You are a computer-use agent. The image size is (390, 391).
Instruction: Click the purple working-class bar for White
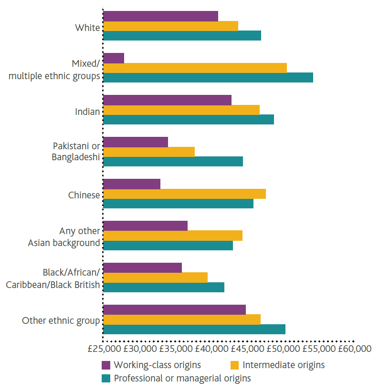(160, 16)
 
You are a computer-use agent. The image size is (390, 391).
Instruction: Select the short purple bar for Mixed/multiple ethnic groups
(114, 58)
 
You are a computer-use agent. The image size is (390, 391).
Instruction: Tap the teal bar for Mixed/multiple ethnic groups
(208, 77)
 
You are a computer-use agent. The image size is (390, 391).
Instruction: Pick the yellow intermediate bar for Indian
(181, 110)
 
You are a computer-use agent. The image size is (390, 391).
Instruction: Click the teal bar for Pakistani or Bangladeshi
(173, 161)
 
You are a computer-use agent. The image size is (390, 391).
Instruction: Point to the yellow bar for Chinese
(184, 194)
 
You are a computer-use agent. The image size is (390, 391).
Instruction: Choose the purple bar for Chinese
(132, 184)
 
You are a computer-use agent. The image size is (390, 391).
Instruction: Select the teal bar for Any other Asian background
(168, 245)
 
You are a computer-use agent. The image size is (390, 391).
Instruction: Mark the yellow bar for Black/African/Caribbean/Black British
(155, 277)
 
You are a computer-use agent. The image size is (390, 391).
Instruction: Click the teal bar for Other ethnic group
(194, 329)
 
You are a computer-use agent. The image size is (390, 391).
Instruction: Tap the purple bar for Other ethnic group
(174, 309)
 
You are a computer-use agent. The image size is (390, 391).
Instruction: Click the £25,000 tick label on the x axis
(105, 349)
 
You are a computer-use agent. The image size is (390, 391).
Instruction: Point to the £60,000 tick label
(354, 349)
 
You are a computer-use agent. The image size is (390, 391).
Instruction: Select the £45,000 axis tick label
(247, 349)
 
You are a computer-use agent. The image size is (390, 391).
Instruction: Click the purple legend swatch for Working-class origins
(106, 365)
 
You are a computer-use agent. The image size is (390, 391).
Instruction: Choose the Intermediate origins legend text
(284, 365)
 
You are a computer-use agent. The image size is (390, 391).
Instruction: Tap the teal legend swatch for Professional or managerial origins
(106, 379)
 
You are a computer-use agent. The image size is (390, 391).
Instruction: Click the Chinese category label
(84, 195)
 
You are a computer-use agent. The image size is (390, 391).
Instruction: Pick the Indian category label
(87, 112)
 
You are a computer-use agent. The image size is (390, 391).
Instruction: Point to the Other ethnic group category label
(61, 320)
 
